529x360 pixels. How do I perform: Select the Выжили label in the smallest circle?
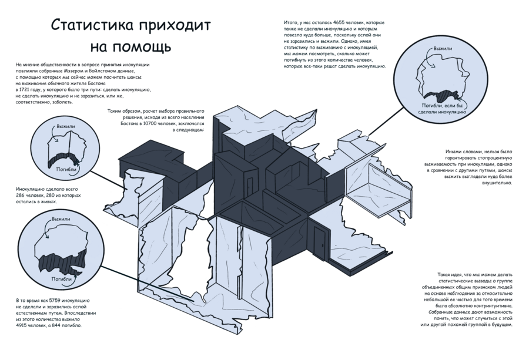coord(66,127)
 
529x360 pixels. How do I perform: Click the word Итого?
coord(291,22)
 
